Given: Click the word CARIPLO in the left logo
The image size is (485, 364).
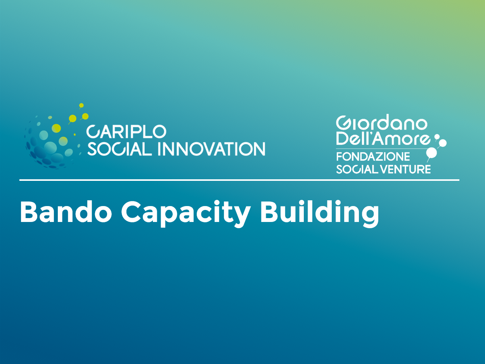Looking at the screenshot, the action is click(126, 132).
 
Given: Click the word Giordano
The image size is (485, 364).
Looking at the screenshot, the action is click(381, 123).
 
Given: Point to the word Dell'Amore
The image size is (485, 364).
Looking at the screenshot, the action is click(383, 139).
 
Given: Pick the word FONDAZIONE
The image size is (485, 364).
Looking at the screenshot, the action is click(373, 157).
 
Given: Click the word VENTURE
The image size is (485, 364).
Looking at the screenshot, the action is click(405, 169).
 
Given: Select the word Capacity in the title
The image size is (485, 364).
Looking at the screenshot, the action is click(186, 213).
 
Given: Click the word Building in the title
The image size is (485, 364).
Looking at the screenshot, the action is click(320, 213).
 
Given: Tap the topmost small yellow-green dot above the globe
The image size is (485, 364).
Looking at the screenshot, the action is click(81, 106).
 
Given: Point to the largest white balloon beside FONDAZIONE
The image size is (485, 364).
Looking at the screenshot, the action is click(431, 153).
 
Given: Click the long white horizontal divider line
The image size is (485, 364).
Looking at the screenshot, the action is click(239, 180).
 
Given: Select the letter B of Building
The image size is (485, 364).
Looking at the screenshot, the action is click(269, 211).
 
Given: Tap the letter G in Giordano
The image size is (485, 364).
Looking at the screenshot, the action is click(343, 123).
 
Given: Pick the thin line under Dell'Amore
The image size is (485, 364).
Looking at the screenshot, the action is click(381, 149).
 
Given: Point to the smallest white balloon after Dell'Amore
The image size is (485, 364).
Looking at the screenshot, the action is click(436, 137).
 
